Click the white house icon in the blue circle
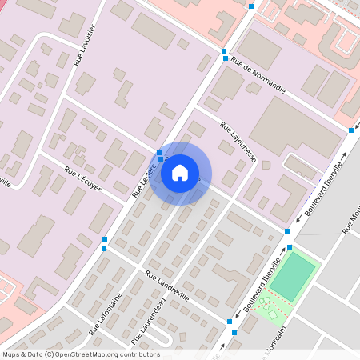(x=180, y=172)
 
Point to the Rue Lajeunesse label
(x=238, y=141)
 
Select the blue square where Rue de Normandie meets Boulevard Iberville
(x=351, y=130)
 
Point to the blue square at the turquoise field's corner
(x=290, y=246)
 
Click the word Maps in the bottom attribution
(x=11, y=354)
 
